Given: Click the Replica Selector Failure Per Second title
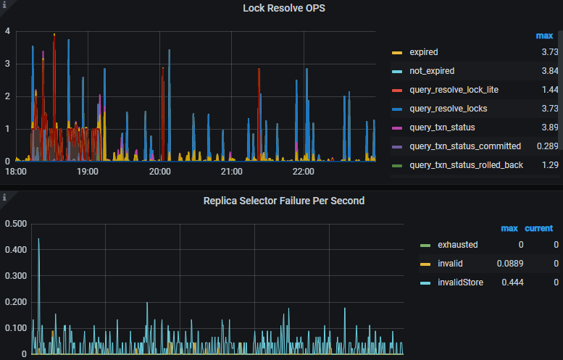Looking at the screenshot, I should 283,201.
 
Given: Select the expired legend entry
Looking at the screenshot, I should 424,52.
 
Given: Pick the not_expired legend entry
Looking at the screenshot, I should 433,71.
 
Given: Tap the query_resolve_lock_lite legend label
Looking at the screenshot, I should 454,90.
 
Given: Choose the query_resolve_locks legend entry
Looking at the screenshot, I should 449,109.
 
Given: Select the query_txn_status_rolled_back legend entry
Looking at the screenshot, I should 466,165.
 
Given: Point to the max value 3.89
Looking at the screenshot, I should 549,127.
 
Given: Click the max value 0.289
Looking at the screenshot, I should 547,146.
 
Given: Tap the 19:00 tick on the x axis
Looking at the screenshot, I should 88,172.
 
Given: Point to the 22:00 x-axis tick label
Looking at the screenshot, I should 303,172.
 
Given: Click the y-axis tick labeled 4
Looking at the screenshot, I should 7,31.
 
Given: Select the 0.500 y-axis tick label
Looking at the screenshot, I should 15,223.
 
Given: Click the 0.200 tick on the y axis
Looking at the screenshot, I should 15,301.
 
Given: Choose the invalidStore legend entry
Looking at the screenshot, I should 462,282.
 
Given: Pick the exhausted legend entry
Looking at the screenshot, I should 458,245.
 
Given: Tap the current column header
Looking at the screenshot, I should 538,229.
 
